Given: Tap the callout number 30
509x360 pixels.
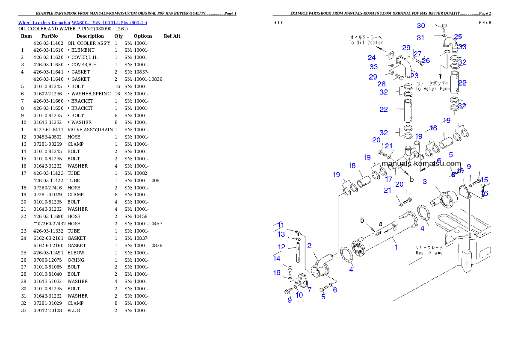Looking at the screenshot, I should [421, 26].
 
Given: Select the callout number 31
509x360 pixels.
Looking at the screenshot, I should [420, 38].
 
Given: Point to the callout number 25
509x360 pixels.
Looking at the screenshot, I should [458, 37].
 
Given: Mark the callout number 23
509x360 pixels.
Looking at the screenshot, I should [414, 76].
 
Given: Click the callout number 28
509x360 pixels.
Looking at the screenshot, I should [382, 84].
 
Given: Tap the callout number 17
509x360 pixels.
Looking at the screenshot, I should [388, 179].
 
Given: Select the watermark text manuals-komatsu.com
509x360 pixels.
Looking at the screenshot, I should [421, 163].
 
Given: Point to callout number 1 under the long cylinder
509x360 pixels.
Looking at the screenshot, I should [396, 247].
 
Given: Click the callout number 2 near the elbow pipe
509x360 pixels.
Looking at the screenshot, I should [309, 245].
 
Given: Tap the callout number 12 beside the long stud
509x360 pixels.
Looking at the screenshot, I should [281, 247].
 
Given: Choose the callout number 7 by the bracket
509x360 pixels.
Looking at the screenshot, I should [309, 289].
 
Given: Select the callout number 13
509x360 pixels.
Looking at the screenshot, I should [281, 234].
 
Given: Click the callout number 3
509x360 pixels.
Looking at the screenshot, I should [424, 181].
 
